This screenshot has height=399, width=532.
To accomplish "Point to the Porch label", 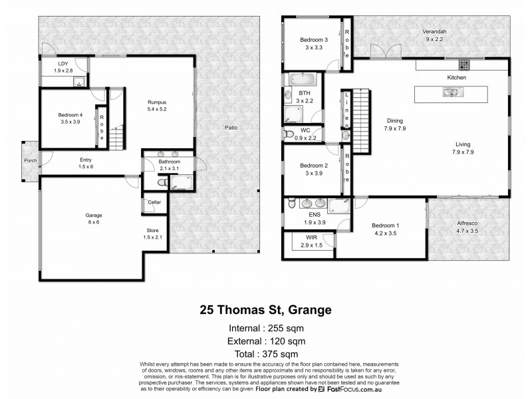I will tap(30, 160).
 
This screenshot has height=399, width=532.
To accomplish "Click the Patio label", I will tap(230, 127).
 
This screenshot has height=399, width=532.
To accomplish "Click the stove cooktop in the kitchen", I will tap(464, 65).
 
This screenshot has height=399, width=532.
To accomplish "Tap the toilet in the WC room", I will tap(289, 134).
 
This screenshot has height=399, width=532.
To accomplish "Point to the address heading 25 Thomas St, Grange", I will tap(265, 309).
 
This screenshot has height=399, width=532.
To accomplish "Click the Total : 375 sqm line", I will tap(266, 354).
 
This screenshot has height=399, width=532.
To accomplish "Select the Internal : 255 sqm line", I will tap(266, 329).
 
